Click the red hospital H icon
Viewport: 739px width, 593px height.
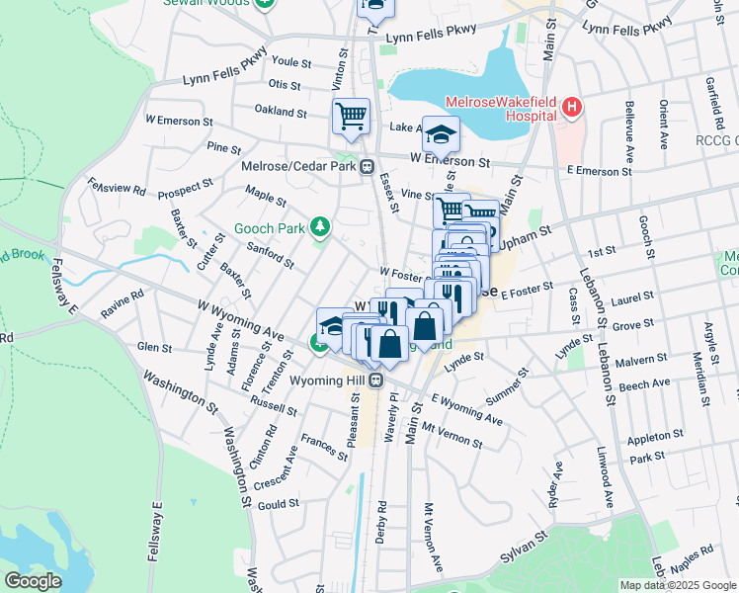pyautogui.click(x=570, y=107)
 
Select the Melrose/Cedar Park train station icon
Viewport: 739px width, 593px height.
pyautogui.click(x=367, y=166)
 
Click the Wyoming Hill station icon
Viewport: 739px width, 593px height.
pyautogui.click(x=376, y=381)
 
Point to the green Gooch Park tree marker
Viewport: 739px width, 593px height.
pyautogui.click(x=319, y=228)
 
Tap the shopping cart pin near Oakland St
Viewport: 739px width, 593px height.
pyautogui.click(x=351, y=116)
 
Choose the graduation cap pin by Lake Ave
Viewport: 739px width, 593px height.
pyautogui.click(x=442, y=133)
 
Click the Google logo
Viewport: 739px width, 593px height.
pyautogui.click(x=33, y=580)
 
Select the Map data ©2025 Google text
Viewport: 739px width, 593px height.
pyautogui.click(x=678, y=585)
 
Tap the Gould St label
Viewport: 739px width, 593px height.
pyautogui.click(x=278, y=504)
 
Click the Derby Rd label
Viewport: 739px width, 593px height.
pyautogui.click(x=381, y=518)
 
